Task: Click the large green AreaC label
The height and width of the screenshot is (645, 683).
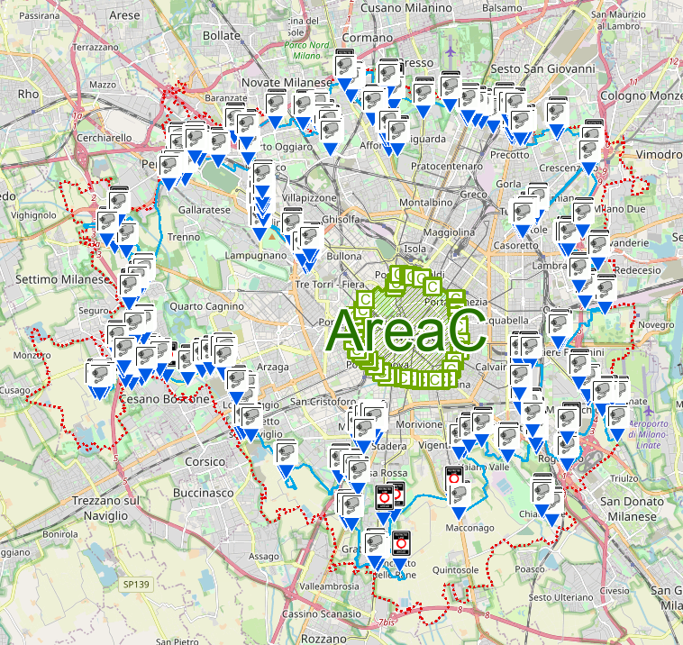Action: [407, 332]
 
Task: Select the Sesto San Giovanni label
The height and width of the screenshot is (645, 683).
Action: [542, 68]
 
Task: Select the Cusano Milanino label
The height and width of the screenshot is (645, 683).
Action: [405, 7]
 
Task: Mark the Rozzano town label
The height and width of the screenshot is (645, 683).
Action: [325, 638]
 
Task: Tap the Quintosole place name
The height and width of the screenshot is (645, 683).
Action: [454, 568]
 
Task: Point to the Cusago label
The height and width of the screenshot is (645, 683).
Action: [14, 389]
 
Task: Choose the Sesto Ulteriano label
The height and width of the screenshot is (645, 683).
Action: [560, 597]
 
